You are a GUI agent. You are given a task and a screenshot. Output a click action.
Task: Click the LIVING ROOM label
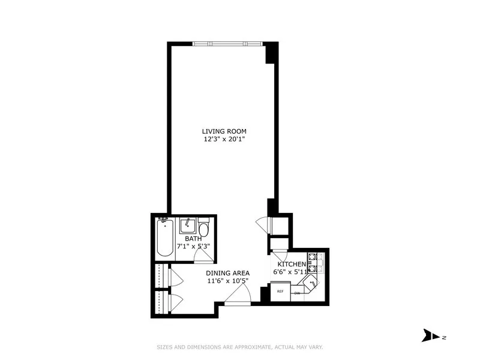[224, 131]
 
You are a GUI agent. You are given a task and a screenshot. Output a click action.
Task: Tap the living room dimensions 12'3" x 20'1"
[224, 140]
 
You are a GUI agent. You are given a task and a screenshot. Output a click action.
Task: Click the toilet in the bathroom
[203, 231]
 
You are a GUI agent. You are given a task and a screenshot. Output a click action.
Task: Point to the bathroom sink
[188, 225]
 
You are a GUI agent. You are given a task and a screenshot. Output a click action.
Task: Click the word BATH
[193, 238]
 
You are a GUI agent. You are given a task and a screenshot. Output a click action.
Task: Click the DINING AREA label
[228, 272]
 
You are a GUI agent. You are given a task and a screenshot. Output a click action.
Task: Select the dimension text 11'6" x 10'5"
[228, 280]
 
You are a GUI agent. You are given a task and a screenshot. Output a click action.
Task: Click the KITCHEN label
[292, 264]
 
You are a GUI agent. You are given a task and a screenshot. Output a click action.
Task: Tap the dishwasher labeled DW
[297, 293]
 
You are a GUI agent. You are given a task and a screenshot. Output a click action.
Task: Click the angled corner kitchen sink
[312, 283]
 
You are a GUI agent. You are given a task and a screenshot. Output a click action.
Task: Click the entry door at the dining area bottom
[238, 294]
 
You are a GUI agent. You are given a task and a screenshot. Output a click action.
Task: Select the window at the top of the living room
[227, 43]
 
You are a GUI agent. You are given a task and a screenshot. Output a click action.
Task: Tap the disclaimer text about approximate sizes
[239, 347]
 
